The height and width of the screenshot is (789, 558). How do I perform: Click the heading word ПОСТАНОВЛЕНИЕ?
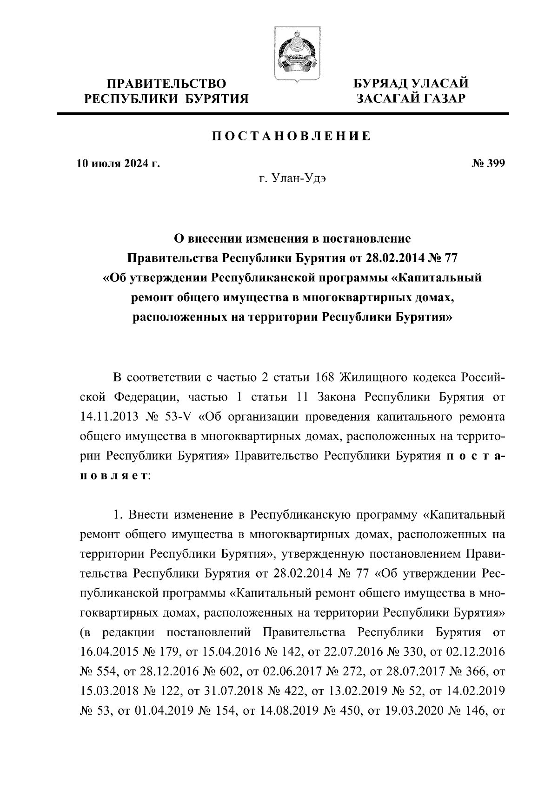click(292, 136)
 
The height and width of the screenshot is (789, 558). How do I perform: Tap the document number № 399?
click(488, 164)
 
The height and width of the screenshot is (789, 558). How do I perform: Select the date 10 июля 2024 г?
click(118, 164)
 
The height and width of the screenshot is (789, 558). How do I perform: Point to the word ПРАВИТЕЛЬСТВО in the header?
click(166, 84)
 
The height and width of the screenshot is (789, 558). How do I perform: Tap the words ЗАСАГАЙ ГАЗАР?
click(410, 98)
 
